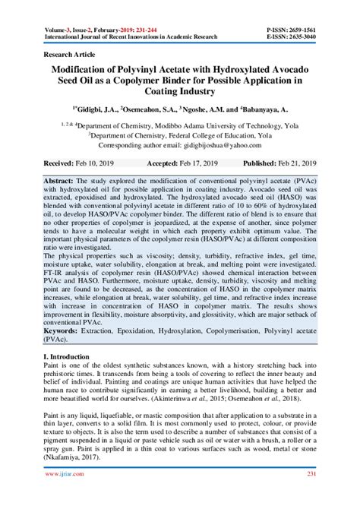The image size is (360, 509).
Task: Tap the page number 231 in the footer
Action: (311, 495)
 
